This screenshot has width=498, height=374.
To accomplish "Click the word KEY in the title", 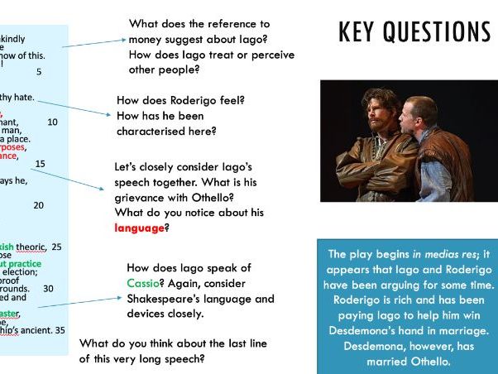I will (x=360, y=31).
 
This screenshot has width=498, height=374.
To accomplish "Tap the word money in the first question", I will (x=150, y=40).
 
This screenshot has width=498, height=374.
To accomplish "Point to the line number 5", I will (x=39, y=72).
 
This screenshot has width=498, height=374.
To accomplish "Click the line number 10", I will (x=53, y=122).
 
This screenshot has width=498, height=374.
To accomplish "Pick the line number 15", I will (x=41, y=163).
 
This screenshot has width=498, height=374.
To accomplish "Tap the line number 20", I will (x=39, y=204).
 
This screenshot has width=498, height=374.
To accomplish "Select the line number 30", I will (x=48, y=288).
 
